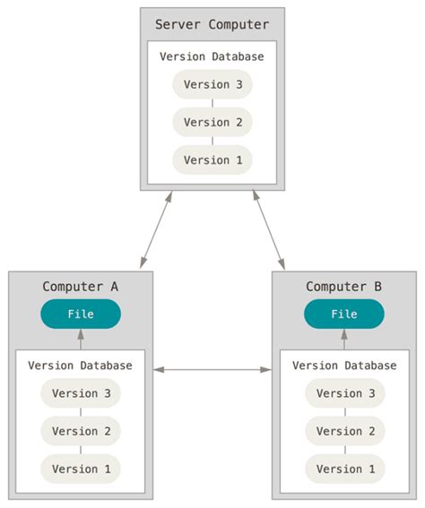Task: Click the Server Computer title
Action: (x=212, y=24)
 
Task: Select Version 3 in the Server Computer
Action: (x=212, y=85)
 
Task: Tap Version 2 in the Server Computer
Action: (x=212, y=122)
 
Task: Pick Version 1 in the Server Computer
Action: (x=212, y=159)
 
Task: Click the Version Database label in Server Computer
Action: (x=212, y=56)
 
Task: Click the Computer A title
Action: (x=80, y=287)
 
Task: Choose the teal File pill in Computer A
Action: (x=80, y=314)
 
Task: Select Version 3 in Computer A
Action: (x=80, y=393)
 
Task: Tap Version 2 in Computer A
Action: (x=80, y=431)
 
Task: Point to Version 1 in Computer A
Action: (x=80, y=469)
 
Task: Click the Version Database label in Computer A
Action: (x=80, y=366)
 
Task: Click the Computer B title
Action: (x=343, y=287)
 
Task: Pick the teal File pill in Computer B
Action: (x=343, y=314)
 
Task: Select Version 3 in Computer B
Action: (x=343, y=393)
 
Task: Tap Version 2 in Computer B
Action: (x=343, y=431)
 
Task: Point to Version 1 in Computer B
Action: (x=343, y=469)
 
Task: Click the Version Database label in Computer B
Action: (x=343, y=366)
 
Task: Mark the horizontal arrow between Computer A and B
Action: (x=212, y=369)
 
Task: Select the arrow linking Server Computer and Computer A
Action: (x=155, y=229)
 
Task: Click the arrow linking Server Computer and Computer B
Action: (x=268, y=229)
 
